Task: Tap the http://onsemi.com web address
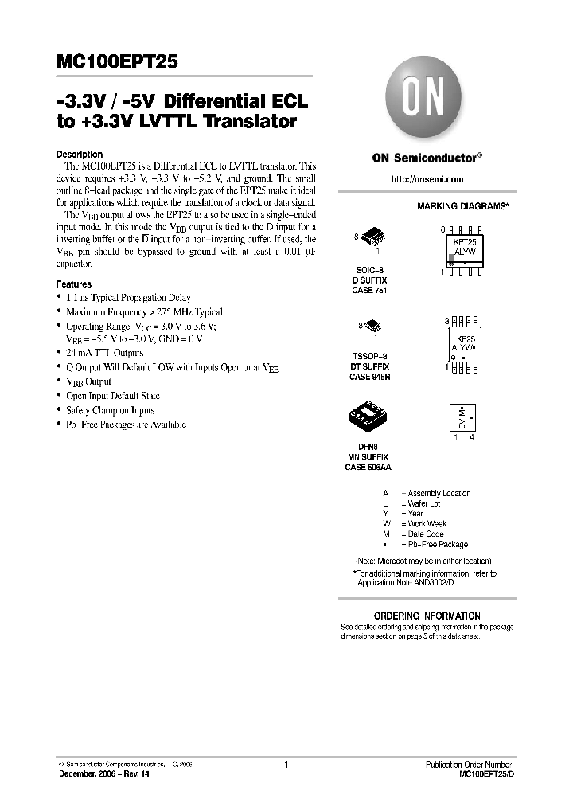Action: click(427, 179)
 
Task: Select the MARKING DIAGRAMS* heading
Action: click(463, 206)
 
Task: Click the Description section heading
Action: click(80, 155)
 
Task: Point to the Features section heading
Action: click(74, 284)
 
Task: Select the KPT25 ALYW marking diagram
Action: click(463, 249)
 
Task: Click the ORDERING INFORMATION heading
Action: click(427, 616)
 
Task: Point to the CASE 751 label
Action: click(368, 291)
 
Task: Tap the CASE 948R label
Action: click(369, 378)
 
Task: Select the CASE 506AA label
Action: click(368, 467)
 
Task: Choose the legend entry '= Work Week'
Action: click(423, 524)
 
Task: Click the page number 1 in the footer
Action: click(286, 765)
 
